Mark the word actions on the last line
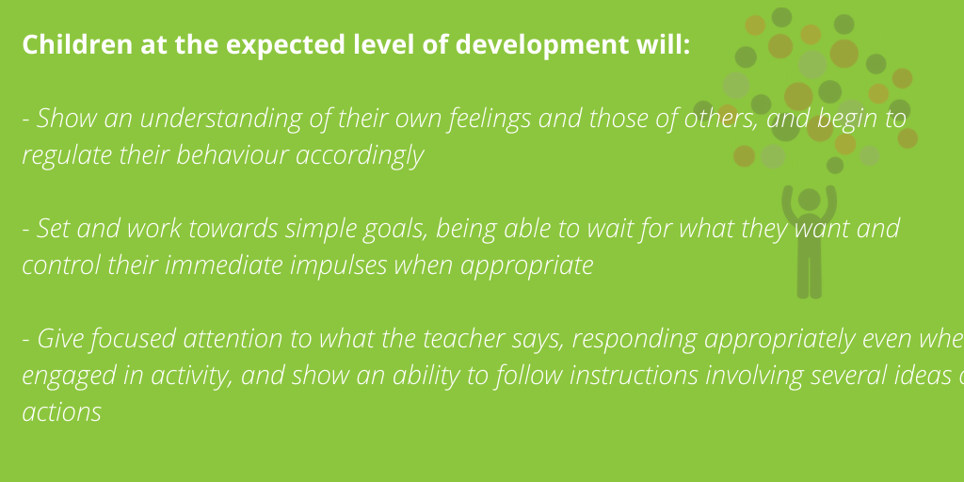pos(61,412)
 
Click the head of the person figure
pos(809,200)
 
